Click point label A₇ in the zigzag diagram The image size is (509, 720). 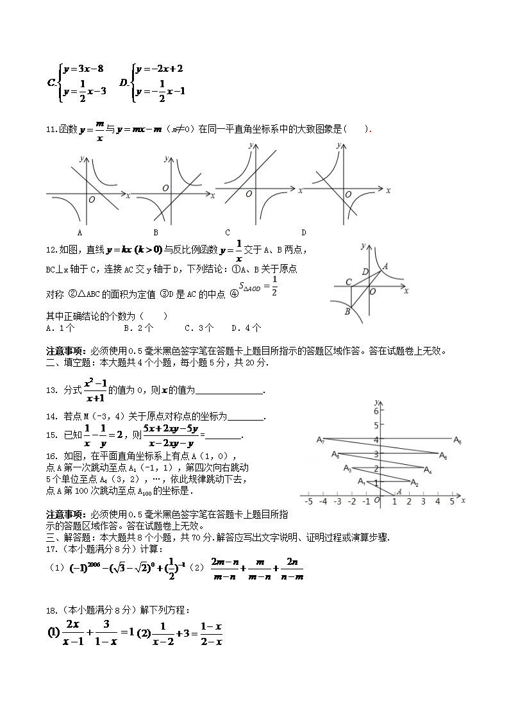tap(321, 440)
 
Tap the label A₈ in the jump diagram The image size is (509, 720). tap(457, 440)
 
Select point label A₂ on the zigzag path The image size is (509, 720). tap(415, 483)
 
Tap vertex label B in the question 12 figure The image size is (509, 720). tap(347, 312)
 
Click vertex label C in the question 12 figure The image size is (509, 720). tap(348, 282)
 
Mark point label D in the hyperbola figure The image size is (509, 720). tap(365, 272)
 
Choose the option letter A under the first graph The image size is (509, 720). tap(79, 232)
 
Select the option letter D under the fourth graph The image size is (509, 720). tap(303, 232)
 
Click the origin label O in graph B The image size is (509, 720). tap(165, 188)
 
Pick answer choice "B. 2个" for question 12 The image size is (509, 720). tap(138, 328)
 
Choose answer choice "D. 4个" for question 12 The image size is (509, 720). tap(246, 328)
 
